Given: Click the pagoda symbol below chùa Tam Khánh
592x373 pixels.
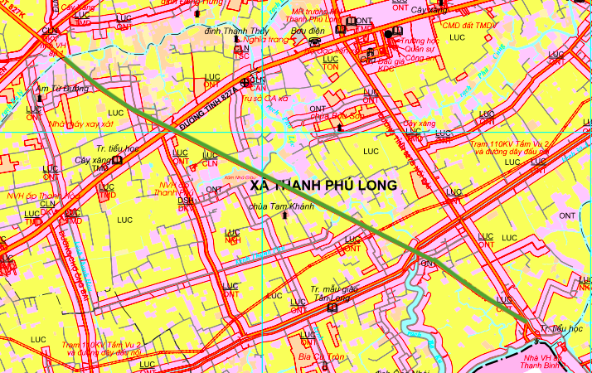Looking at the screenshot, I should pos(286,216).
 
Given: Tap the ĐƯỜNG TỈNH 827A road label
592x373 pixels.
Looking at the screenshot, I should pos(208,104).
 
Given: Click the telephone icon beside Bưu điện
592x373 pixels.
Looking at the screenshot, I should pos(313,41).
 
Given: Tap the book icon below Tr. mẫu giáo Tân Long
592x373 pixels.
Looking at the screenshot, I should pos(332,308).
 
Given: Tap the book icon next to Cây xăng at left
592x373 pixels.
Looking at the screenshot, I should pos(118,160).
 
